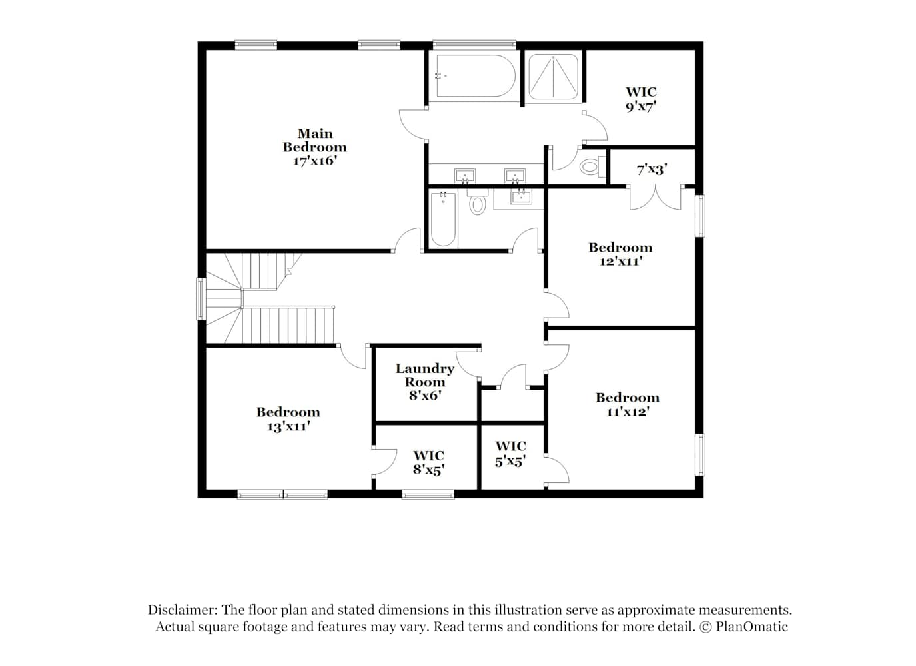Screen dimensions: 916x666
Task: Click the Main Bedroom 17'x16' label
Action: pos(315,147)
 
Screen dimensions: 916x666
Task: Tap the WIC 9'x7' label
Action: pos(641,99)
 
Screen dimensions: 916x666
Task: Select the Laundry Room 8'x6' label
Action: pos(425,382)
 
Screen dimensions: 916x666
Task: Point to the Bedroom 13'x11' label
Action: pos(288,419)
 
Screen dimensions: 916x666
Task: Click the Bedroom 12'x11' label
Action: pos(620,254)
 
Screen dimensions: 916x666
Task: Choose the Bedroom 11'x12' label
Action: pos(628,404)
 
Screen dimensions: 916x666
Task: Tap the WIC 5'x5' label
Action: pos(510,454)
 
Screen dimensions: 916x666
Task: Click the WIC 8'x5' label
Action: pos(428,462)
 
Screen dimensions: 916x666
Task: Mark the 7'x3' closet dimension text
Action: pos(652,169)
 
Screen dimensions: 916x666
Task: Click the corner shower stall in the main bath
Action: pos(554,77)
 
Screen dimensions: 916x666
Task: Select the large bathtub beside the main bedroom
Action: pos(474,76)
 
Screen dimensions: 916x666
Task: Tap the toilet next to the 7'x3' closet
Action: pos(592,166)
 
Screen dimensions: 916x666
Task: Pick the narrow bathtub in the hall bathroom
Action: pos(443,219)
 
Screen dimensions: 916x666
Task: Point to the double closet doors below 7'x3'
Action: pos(655,198)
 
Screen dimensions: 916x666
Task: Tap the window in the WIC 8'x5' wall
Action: pos(428,495)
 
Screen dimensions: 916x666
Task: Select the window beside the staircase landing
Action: pos(201,299)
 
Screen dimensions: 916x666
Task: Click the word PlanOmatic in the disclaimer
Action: pos(751,626)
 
